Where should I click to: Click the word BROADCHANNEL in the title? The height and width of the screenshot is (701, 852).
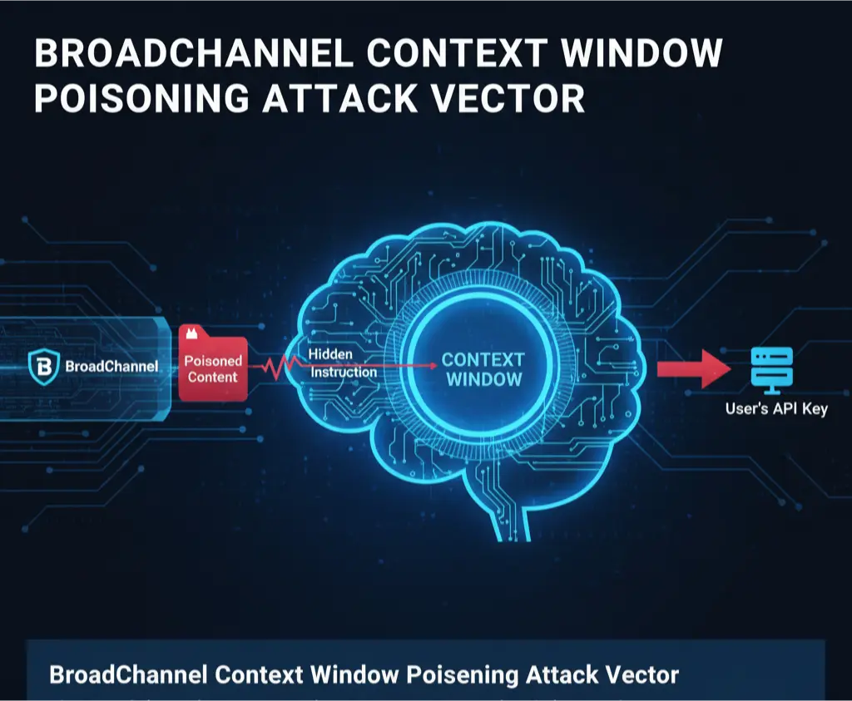tap(193, 52)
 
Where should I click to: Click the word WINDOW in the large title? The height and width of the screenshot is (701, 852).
tap(641, 52)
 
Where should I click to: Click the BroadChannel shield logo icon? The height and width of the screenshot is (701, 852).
tap(43, 367)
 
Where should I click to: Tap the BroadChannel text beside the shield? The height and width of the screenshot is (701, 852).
tap(112, 367)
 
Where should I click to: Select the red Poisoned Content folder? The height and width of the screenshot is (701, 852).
tap(213, 363)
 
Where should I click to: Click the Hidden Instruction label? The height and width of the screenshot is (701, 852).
tap(342, 363)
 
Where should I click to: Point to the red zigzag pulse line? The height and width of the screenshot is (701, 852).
tap(280, 367)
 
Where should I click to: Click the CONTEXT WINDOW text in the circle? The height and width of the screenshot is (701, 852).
tap(483, 369)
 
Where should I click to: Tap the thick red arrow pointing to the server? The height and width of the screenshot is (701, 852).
tap(693, 368)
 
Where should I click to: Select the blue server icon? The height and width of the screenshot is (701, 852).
tap(772, 370)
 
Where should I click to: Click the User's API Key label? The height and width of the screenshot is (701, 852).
tap(776, 408)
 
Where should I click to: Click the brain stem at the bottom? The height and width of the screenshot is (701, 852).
tap(511, 519)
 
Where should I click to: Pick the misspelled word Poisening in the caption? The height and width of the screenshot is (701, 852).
tap(462, 675)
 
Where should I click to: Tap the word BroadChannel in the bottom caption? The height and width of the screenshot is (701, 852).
tap(128, 674)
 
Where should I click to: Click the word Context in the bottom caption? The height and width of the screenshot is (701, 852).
tap(259, 674)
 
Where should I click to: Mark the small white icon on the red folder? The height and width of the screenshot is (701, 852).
tap(191, 333)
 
